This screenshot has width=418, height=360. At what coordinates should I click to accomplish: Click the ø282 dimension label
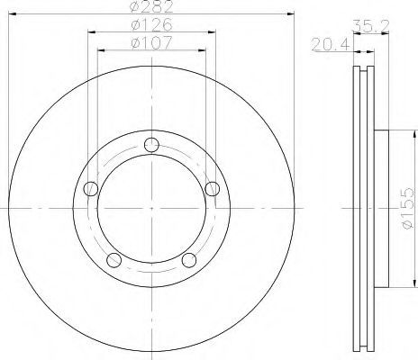point(152,6)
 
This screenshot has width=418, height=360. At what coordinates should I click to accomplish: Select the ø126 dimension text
point(152,24)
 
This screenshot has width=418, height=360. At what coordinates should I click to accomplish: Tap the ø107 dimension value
point(152,42)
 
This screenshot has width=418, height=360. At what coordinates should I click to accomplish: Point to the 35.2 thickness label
point(371,26)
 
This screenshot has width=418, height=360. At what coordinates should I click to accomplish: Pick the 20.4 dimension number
point(331,45)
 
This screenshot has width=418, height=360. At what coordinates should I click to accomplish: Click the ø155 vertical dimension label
point(408,209)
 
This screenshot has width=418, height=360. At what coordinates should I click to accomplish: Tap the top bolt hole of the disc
point(151,145)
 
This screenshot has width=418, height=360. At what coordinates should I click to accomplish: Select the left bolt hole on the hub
point(91,189)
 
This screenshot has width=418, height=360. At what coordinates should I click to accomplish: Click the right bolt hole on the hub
point(213,189)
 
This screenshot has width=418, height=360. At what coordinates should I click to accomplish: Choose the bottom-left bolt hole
point(114,260)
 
